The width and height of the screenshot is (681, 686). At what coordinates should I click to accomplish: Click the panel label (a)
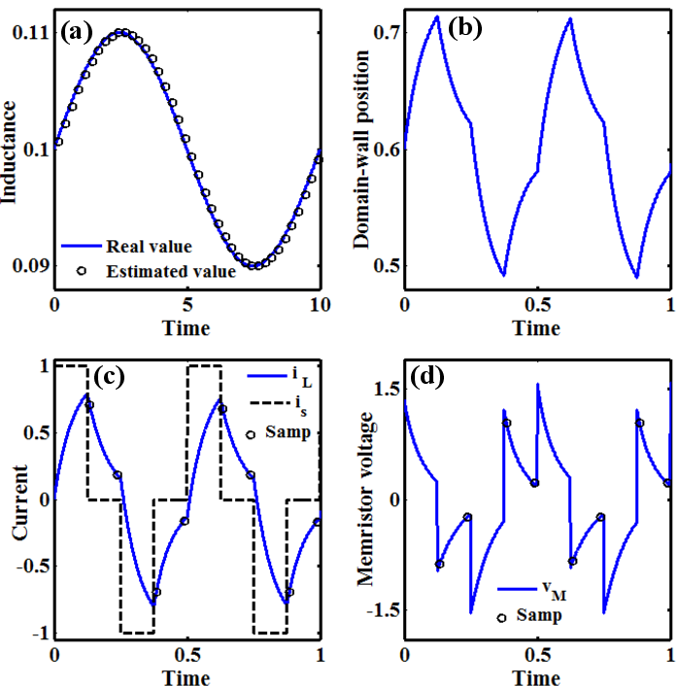coord(76,31)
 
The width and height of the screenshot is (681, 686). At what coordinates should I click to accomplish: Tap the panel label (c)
coord(78,377)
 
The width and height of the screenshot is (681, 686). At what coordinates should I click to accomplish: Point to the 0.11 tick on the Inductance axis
coord(30,34)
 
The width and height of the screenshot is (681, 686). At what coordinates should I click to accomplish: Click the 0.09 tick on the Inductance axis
coord(30,265)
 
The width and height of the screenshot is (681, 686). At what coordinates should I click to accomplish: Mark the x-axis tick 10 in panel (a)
coord(318,305)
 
